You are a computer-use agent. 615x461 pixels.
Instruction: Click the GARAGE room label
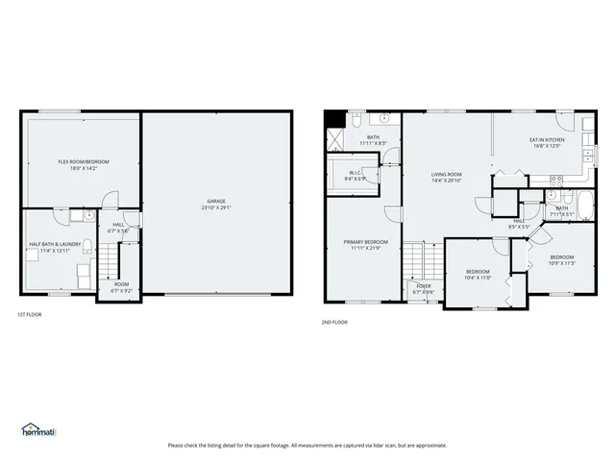pos(216,201)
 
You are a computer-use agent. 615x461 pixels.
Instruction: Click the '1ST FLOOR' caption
pos(29,314)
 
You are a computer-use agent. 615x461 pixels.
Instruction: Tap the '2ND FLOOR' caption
pos(334,322)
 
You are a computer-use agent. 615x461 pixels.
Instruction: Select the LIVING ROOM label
pos(447,175)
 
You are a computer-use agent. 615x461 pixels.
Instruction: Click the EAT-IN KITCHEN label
pos(547,140)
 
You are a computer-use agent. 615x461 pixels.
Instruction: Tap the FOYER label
pos(424,285)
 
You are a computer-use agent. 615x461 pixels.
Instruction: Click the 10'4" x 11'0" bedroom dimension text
pos(478,278)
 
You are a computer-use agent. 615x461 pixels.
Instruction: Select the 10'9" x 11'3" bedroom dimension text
pos(561,261)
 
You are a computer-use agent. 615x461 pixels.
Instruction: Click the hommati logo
pos(38,429)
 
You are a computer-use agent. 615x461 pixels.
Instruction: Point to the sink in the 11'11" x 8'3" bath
pos(384,120)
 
